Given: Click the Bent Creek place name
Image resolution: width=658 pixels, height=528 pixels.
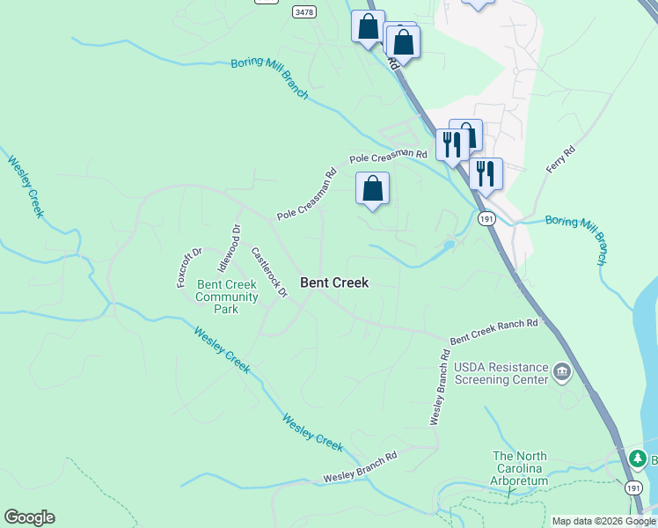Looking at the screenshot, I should pos(334,282).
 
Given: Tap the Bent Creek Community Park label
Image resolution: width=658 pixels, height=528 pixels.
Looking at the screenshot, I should pos(228,297).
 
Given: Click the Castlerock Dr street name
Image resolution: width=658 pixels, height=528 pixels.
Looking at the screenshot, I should pos(269,272).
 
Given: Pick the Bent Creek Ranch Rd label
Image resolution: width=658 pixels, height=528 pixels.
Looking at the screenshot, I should pos(493,331).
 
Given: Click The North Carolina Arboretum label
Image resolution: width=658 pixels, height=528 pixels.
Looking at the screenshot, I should pos(519,468).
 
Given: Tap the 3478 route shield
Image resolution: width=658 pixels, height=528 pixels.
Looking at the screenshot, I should pos(304,11).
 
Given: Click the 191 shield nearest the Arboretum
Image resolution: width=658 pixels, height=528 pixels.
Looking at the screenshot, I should pos(633,487).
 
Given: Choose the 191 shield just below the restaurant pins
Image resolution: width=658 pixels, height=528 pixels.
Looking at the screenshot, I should pos(485,218).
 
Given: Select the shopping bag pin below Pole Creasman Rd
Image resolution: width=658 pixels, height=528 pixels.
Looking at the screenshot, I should pos(372,188).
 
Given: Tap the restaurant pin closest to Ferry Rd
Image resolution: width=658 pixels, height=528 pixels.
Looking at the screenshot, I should pos(485,173).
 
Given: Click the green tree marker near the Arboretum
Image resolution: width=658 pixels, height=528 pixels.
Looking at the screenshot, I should pos(638,458).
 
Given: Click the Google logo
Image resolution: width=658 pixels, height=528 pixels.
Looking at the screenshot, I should pos(29,517).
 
